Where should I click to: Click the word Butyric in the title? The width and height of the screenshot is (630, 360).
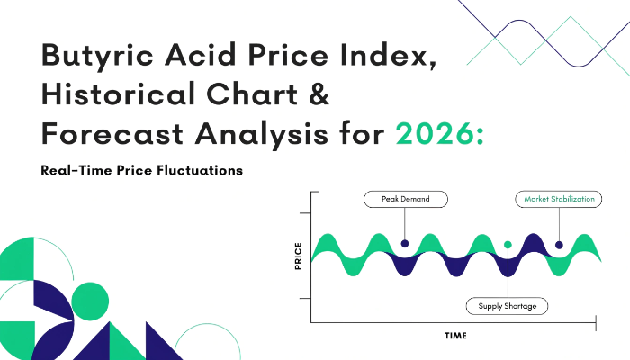click(97, 56)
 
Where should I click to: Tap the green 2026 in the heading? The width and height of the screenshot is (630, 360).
click(435, 133)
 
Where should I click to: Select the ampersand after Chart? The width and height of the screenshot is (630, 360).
click(319, 94)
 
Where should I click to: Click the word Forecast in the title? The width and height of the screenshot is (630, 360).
click(112, 133)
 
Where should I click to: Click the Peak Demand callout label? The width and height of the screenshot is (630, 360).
click(406, 199)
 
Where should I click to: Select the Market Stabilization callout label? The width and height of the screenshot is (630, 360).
click(559, 199)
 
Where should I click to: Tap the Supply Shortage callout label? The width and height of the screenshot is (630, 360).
click(507, 306)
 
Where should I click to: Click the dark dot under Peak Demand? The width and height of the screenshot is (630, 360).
click(405, 244)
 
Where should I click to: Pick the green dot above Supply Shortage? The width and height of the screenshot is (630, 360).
click(508, 245)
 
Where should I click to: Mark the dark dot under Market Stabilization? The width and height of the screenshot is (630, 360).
click(559, 245)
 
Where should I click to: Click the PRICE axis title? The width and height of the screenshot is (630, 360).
click(298, 256)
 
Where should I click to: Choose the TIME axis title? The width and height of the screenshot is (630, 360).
click(455, 336)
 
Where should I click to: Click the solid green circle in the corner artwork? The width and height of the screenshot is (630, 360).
click(90, 301)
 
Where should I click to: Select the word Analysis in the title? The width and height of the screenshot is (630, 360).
click(262, 135)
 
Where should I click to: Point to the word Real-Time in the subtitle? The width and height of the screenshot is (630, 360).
click(76, 170)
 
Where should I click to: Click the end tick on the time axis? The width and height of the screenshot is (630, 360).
click(596, 322)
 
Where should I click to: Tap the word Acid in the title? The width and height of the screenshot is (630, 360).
click(200, 55)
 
